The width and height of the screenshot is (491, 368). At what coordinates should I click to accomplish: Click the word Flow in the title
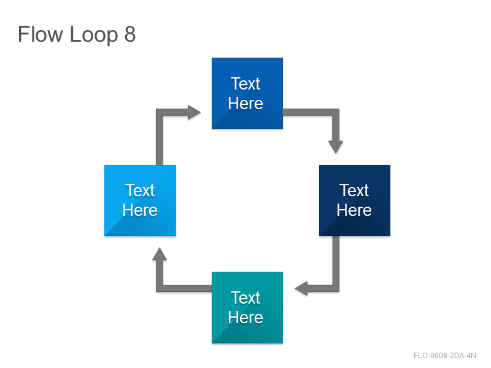pos(40,34)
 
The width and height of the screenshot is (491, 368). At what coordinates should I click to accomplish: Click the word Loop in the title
pos(94,36)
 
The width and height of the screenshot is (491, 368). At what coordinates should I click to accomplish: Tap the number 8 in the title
pos(130,34)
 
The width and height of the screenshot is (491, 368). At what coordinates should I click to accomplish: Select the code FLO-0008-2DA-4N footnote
pos(444,356)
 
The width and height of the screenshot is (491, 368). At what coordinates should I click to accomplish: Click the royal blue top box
pos(247,93)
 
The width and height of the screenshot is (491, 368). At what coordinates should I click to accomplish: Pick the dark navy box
pos(355,201)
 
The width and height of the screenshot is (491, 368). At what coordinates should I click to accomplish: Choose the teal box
pos(247,308)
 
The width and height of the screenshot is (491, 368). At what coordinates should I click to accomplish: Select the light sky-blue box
pos(141,201)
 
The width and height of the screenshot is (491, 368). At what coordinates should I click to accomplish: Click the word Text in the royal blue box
pos(245,84)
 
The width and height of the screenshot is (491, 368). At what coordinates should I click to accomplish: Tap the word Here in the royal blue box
pos(245,104)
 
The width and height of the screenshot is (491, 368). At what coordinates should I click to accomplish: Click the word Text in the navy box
pos(354,191)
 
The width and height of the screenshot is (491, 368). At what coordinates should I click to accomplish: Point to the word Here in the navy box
pos(354,210)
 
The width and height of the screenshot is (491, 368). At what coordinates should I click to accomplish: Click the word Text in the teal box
pos(245,298)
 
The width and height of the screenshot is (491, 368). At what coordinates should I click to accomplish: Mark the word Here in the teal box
pos(245,318)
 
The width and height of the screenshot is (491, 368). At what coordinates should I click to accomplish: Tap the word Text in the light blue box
pos(140,191)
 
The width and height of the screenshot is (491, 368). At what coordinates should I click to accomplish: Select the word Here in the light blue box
pos(140,210)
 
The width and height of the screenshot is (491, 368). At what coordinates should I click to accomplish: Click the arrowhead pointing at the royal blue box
pos(194,112)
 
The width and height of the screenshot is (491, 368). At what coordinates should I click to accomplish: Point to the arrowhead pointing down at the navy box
pos(336,147)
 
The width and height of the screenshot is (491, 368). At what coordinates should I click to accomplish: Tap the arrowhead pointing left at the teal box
pos(301,288)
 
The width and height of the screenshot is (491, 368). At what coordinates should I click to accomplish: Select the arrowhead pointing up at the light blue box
pos(160,254)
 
